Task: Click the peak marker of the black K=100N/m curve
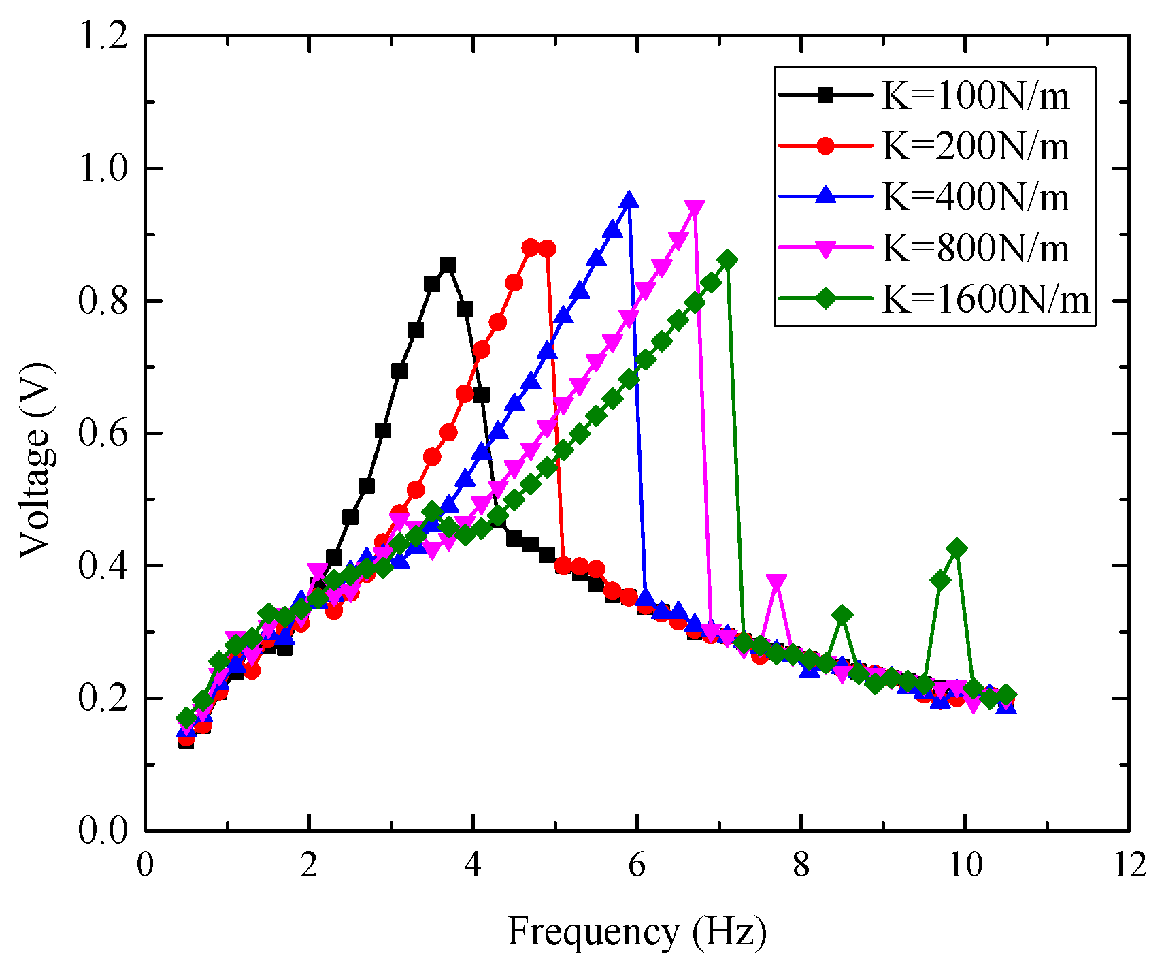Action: pos(448,265)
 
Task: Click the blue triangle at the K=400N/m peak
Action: pos(629,201)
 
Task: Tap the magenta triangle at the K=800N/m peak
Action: pos(695,209)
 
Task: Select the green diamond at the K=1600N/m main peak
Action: pos(727,259)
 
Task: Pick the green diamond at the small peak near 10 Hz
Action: pos(957,548)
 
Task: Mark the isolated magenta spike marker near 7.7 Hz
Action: pos(776,582)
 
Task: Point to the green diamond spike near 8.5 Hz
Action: pos(842,615)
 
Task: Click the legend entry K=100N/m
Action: pos(975,96)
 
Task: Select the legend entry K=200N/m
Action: pos(975,146)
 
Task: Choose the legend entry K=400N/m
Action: pos(975,197)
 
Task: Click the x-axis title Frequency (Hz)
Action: pos(637,932)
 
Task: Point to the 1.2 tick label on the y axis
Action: pos(104,35)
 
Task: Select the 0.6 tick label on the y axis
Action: pos(104,433)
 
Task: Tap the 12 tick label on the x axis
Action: pos(1129,865)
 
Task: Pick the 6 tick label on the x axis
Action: pos(637,865)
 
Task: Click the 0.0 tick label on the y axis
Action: pos(104,830)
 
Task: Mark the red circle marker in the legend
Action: pos(825,146)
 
